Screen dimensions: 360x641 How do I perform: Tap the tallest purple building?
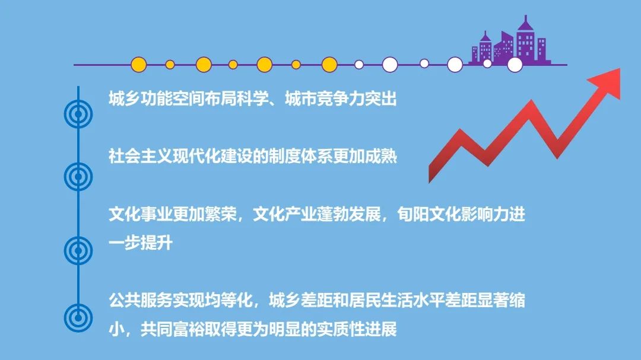(526, 40)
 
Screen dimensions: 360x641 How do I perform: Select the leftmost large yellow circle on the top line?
(138, 65)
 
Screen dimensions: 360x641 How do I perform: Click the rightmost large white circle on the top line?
(515, 65)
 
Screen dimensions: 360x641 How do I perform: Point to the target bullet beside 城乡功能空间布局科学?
(78, 112)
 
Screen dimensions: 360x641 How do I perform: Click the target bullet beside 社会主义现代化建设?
(78, 176)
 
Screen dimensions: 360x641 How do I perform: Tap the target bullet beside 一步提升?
(78, 249)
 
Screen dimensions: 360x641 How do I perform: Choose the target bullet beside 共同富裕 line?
(78, 316)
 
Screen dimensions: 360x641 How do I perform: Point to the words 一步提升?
(140, 243)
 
